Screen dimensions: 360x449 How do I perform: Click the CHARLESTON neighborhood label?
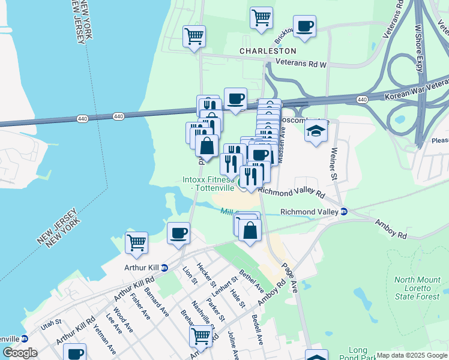(x=268, y=51)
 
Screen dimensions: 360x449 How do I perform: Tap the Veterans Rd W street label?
(x=300, y=63)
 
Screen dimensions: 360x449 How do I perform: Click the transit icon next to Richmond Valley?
(x=344, y=212)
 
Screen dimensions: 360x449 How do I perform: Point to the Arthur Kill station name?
(x=142, y=268)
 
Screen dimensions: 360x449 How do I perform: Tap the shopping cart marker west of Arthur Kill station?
(x=137, y=243)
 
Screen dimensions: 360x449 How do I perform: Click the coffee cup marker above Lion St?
(x=178, y=233)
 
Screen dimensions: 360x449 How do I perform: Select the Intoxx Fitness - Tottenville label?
(x=208, y=184)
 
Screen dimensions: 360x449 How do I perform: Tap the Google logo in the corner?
(x=20, y=353)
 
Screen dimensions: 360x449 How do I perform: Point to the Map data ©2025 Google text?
(x=412, y=355)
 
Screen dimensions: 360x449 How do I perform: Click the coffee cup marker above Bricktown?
(x=304, y=26)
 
